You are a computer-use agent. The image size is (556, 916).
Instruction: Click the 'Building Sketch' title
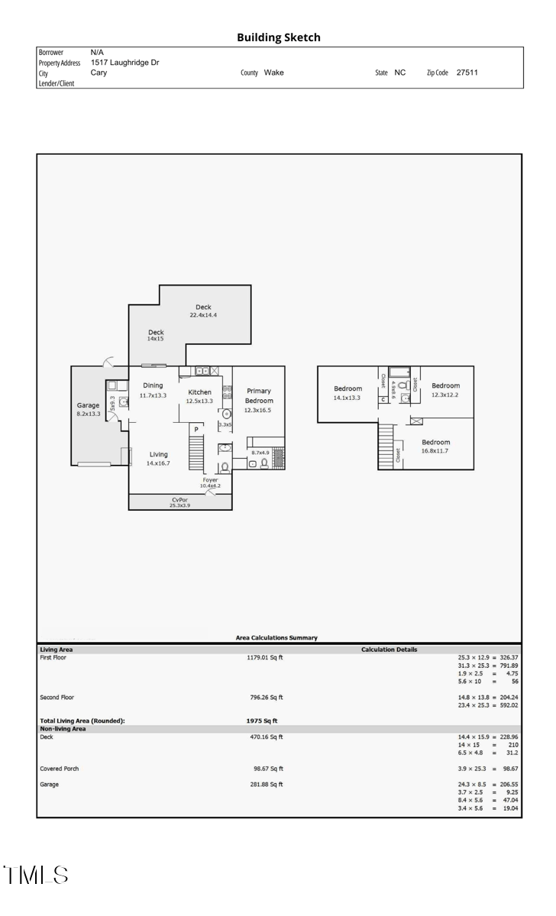point(278,37)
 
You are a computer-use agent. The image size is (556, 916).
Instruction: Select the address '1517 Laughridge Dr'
point(124,62)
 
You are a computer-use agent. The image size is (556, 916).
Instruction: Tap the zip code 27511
point(467,73)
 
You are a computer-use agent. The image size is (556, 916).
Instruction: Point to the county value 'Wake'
point(273,73)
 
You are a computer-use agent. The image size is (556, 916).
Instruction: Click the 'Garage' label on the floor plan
point(88,405)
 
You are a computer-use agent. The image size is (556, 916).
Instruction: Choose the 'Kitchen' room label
point(199,392)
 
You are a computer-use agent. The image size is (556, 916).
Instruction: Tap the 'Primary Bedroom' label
point(258,395)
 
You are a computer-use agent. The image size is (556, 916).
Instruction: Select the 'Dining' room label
point(153,385)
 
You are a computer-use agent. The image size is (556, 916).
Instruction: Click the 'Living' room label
point(158,454)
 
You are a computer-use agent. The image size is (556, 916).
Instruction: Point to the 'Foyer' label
point(210,480)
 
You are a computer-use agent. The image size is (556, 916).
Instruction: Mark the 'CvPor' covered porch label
point(180,499)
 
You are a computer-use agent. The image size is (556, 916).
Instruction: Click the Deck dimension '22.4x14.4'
point(203,314)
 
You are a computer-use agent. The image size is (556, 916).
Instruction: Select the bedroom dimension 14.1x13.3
point(347,398)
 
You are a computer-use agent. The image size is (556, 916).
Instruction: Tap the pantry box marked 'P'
point(196,430)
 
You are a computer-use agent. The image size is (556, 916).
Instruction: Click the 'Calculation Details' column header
point(389,650)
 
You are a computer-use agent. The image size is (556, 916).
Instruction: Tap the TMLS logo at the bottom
point(36,875)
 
